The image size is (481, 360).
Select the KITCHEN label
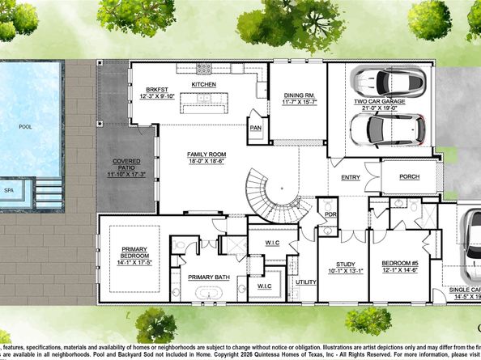pos(203,84)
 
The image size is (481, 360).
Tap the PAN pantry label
pos(255,127)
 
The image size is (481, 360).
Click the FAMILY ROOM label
pos(207,154)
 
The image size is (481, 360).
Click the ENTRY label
pos(351,177)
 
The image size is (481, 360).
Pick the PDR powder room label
pos(330,214)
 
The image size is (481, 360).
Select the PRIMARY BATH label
pos(209,277)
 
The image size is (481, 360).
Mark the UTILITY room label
pos(306,282)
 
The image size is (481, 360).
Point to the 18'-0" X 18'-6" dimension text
pos(207,162)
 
